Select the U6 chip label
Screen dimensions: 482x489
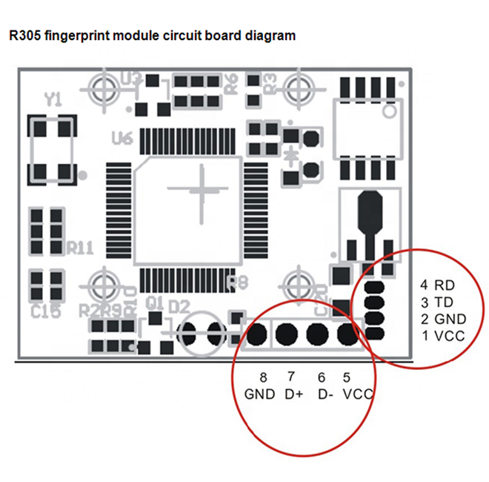(x=122, y=138)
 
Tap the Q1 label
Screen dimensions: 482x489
(x=154, y=303)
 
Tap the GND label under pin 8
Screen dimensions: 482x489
(x=259, y=394)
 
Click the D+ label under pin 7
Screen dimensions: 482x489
(x=293, y=394)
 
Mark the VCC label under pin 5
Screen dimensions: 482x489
(x=357, y=394)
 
